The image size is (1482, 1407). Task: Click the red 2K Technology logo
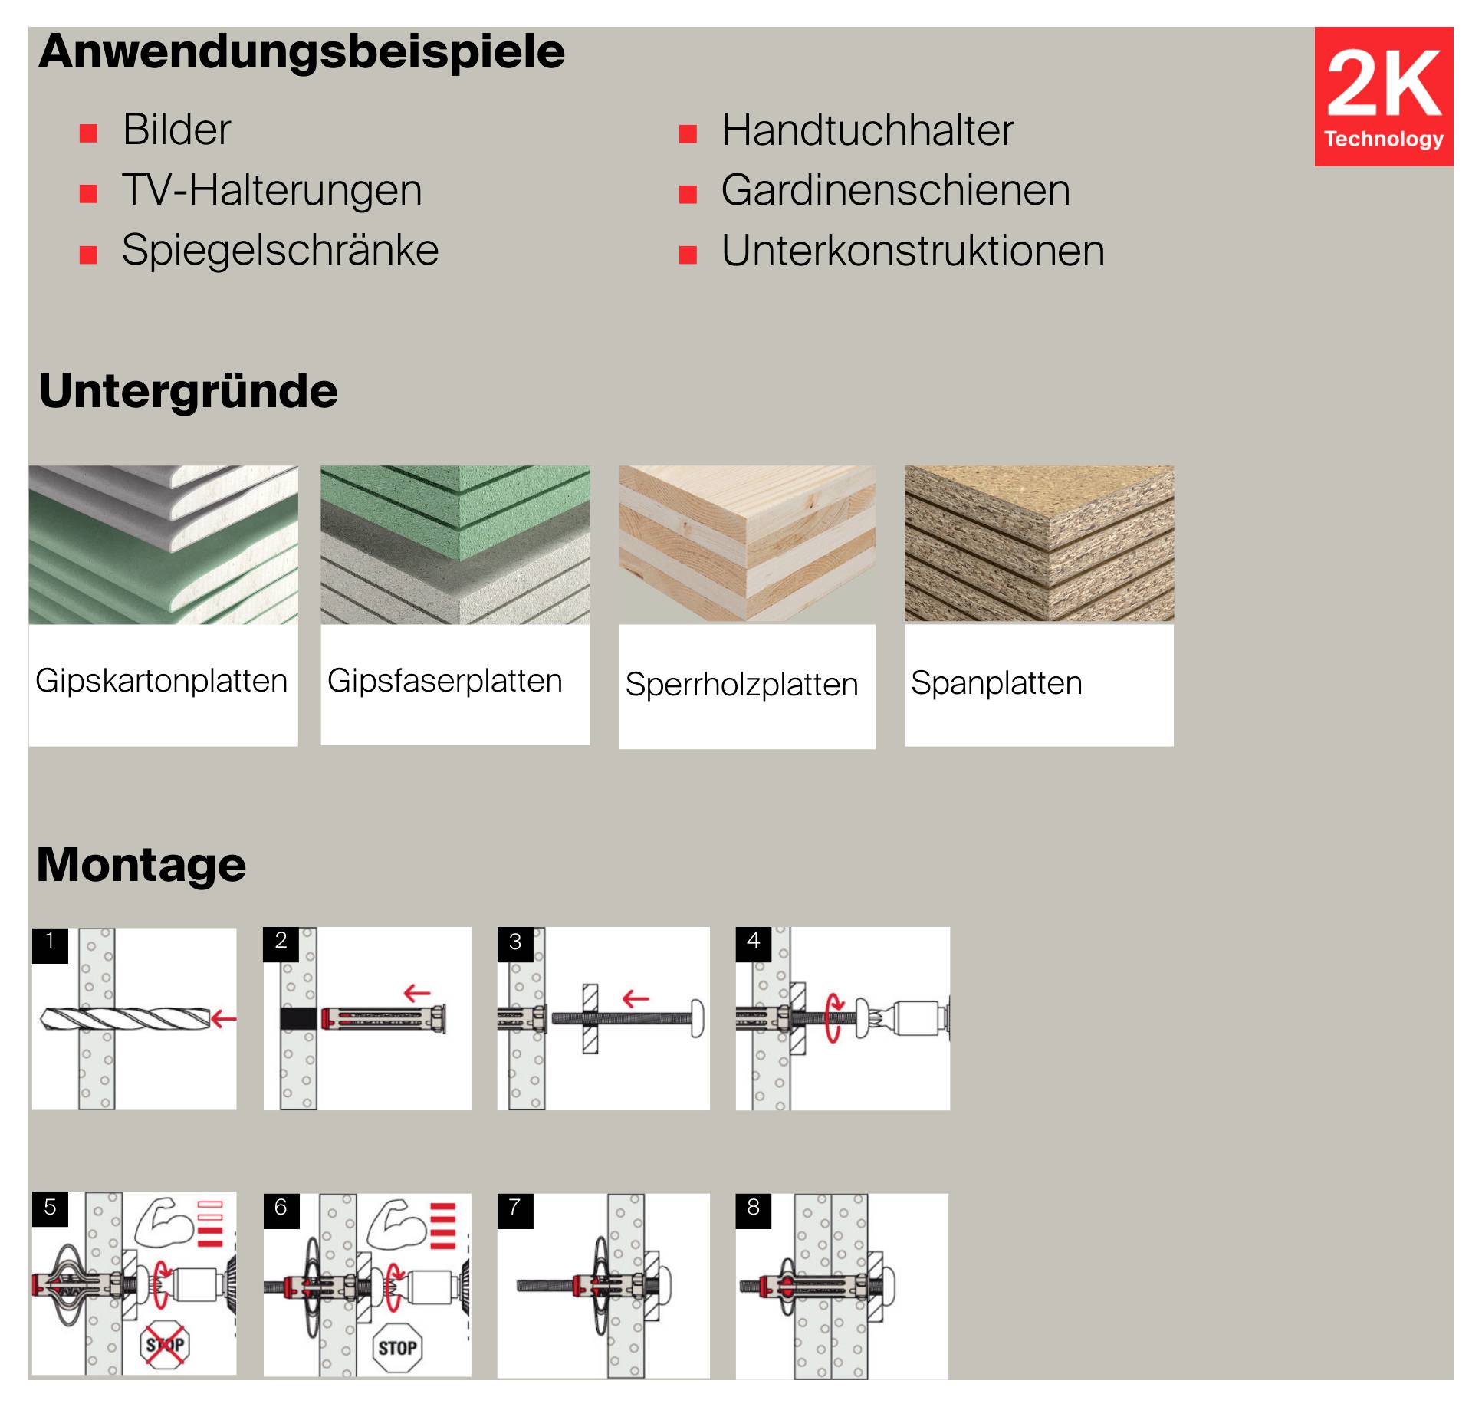1383,97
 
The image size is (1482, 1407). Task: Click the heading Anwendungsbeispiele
301,52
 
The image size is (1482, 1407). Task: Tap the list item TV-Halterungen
272,190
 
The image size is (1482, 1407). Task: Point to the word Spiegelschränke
281,250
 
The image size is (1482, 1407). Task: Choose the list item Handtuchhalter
867,130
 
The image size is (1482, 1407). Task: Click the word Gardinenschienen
895,190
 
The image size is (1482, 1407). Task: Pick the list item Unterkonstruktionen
913,250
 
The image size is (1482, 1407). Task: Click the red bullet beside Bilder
89,134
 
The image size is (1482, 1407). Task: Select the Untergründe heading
188,391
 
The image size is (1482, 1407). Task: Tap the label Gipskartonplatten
162,681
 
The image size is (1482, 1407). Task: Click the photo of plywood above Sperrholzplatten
747,544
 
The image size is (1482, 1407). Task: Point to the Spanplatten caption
997,682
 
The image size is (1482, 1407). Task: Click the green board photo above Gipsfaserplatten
455,544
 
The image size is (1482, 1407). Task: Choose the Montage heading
142,864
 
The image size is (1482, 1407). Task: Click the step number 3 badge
515,942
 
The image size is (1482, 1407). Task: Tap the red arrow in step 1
224,1019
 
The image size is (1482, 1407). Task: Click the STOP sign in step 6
397,1347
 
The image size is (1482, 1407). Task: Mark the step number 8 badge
754,1208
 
